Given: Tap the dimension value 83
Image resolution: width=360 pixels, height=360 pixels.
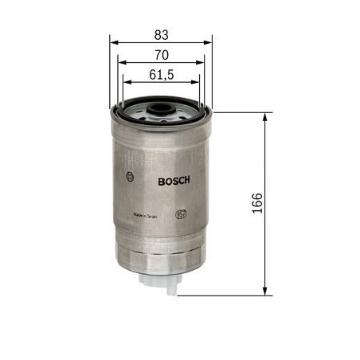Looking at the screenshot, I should (162, 34).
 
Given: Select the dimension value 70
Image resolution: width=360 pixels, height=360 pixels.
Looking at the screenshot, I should (162, 55).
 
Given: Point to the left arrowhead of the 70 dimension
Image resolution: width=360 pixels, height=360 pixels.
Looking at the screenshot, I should (119, 64).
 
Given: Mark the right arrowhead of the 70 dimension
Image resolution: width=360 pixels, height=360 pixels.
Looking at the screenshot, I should (204, 64).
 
